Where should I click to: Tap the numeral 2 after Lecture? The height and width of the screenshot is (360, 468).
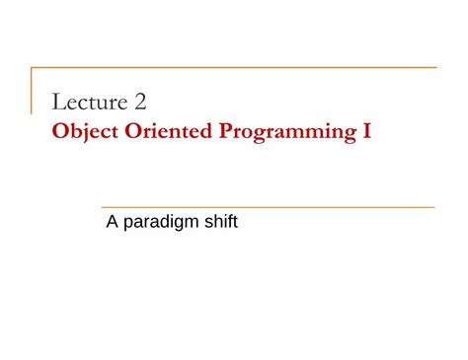click(x=140, y=102)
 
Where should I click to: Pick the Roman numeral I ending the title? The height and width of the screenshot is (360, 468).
click(x=367, y=130)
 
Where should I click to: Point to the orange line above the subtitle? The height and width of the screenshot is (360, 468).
click(x=267, y=207)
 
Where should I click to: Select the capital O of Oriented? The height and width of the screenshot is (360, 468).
click(x=132, y=130)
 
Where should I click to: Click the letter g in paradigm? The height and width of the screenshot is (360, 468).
click(x=181, y=225)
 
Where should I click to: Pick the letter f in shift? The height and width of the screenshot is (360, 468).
click(x=230, y=222)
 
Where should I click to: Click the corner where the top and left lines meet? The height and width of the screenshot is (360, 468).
click(x=32, y=68)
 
